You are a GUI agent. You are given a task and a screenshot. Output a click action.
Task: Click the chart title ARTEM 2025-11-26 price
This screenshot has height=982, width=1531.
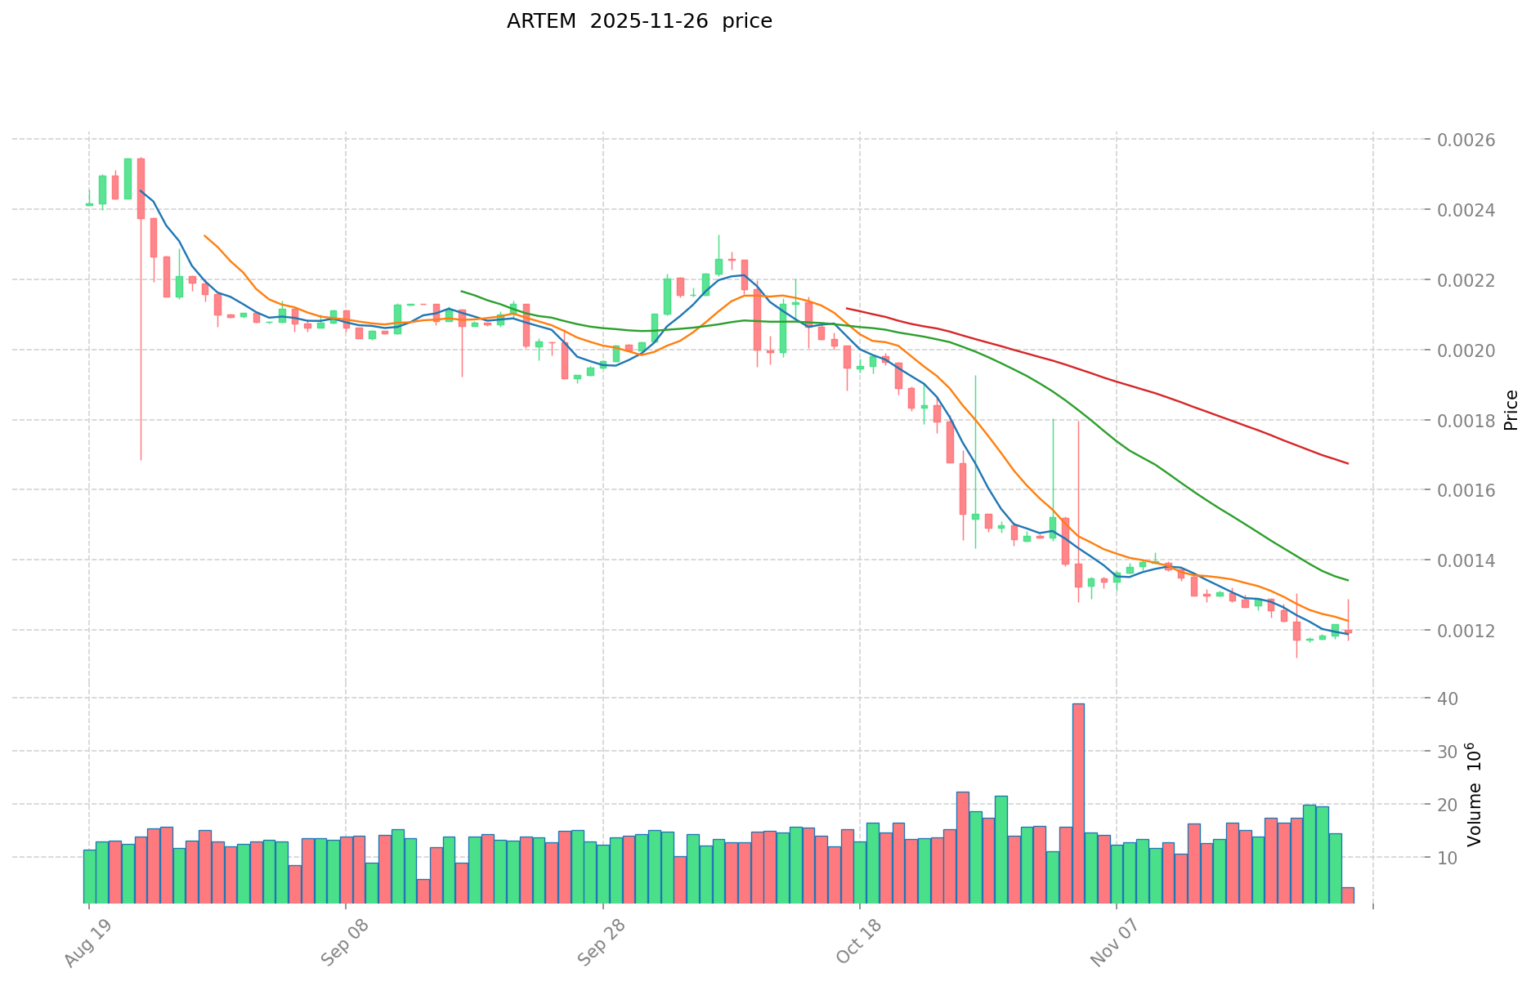coord(638,21)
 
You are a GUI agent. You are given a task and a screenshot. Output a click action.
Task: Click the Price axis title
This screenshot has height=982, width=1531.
coord(1511,409)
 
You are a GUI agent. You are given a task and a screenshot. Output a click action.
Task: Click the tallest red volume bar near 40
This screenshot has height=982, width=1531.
coord(1078,802)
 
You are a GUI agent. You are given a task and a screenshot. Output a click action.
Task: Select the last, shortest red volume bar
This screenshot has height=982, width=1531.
coord(1347,895)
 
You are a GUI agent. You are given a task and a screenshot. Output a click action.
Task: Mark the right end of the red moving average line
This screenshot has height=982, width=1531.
coord(1348,464)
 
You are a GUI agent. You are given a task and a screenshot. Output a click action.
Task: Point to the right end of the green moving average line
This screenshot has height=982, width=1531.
coord(1348,581)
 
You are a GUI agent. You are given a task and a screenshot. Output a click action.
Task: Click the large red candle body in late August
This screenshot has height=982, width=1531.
coord(141,189)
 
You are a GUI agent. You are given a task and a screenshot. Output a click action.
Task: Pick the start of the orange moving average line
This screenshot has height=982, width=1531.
coord(204,235)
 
